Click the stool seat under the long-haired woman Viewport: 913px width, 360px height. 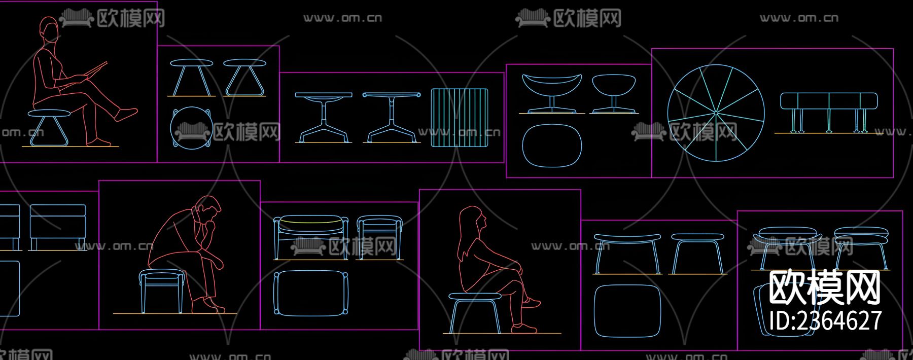pos(474,296)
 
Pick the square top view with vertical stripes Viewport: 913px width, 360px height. pos(460,118)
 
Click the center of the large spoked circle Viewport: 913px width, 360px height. pos(716,113)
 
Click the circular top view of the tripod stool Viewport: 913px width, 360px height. pos(191,128)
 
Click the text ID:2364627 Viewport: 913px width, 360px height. pos(825,320)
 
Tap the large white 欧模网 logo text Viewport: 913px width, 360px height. pos(825,287)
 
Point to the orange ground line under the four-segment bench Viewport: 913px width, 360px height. pos(826,133)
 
